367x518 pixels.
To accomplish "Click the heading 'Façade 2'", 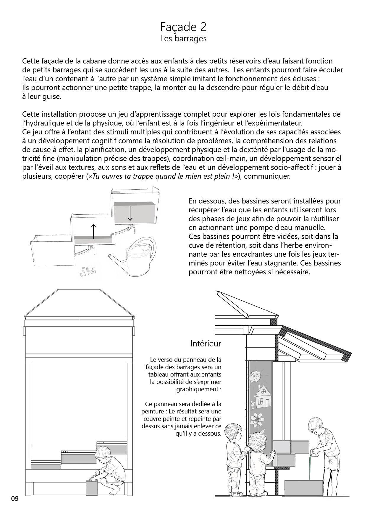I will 183,27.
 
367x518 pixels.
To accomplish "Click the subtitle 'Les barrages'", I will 183,39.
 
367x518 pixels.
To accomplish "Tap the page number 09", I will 15,499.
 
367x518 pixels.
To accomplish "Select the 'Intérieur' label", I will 206,343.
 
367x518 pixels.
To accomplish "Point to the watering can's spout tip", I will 110,255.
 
